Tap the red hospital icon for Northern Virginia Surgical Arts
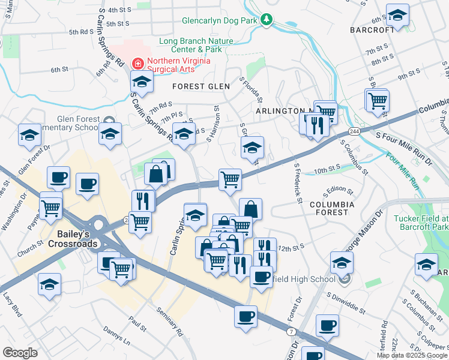(x=137, y=62)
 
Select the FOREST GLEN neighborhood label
(x=201, y=86)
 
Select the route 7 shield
(x=292, y=331)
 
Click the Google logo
(x=19, y=352)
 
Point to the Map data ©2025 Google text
(x=412, y=355)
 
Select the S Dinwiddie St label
(x=347, y=303)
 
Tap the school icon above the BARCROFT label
(x=397, y=15)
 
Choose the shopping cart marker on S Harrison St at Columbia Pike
(x=230, y=179)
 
